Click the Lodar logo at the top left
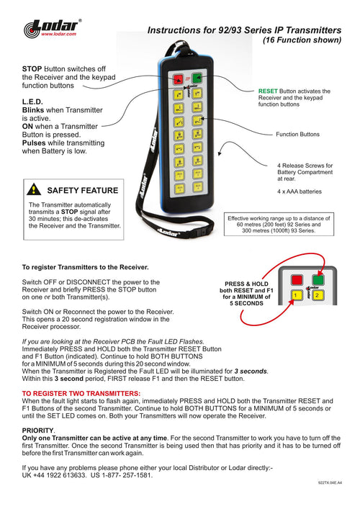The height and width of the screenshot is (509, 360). point(52,28)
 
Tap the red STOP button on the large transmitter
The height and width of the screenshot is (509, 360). point(178,79)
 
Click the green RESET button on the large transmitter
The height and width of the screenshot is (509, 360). point(197,78)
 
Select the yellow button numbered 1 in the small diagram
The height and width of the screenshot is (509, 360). point(296,295)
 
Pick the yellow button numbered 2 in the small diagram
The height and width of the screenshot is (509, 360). point(317,295)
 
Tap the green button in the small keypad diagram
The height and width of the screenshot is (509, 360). point(318,279)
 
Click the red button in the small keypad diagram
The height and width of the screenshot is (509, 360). point(297,279)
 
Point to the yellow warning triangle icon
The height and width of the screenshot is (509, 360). point(34,189)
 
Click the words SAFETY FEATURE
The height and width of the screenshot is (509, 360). point(83,190)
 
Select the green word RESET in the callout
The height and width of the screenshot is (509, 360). point(268,91)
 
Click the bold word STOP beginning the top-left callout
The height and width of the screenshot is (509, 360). point(32,69)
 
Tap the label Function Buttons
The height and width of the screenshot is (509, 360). point(297,135)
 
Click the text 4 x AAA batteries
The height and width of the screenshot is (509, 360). point(300,192)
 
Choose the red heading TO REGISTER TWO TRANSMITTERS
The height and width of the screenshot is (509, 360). point(81,393)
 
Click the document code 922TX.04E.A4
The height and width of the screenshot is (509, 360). point(330,482)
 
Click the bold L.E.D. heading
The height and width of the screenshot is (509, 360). point(32,102)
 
